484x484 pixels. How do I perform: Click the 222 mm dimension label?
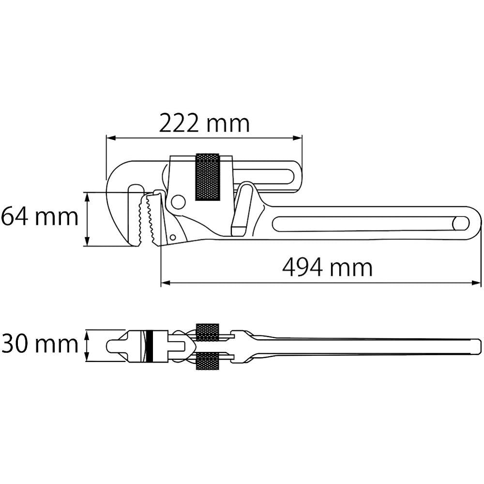coord(204,124)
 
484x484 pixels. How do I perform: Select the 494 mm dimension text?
coord(327,268)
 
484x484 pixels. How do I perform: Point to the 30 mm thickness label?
coord(40,344)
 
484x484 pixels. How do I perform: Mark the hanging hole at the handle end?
coord(461,224)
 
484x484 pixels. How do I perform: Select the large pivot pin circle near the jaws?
coord(178,202)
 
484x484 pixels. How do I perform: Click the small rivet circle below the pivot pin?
coord(172,237)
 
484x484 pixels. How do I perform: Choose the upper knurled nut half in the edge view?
coord(207,332)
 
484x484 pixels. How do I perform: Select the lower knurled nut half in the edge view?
coord(207,361)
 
